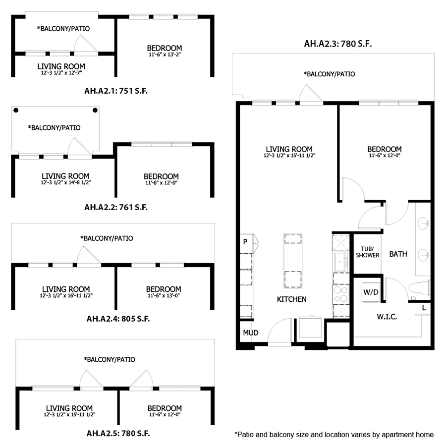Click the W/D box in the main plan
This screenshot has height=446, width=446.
[371, 292]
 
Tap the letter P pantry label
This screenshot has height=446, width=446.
[245, 242]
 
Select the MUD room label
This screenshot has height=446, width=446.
[251, 333]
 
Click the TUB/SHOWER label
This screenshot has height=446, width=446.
[368, 252]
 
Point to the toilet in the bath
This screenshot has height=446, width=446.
[419, 288]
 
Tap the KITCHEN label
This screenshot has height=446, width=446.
[291, 299]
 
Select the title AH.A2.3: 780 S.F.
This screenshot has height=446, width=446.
[338, 44]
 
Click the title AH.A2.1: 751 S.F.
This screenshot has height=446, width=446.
[116, 91]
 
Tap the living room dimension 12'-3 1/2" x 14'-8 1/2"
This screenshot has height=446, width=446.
[66, 183]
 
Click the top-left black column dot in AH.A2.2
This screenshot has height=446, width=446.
[16, 111]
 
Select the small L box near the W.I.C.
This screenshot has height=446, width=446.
[424, 308]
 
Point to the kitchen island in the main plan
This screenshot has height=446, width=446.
[293, 262]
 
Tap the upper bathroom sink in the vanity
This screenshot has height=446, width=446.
[425, 223]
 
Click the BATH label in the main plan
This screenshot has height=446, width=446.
[398, 254]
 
